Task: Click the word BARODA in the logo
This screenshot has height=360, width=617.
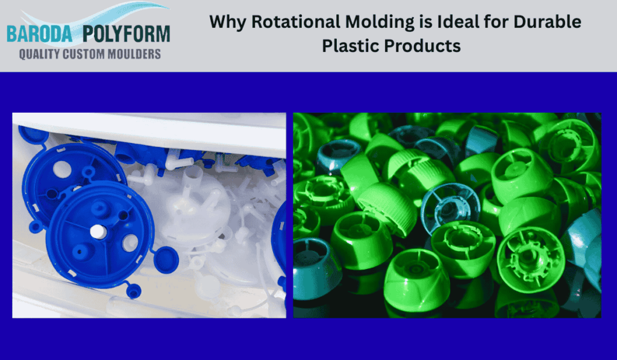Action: [x=41, y=34]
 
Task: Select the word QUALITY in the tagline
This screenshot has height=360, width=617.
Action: [x=40, y=54]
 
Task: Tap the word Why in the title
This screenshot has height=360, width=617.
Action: [x=228, y=22]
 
